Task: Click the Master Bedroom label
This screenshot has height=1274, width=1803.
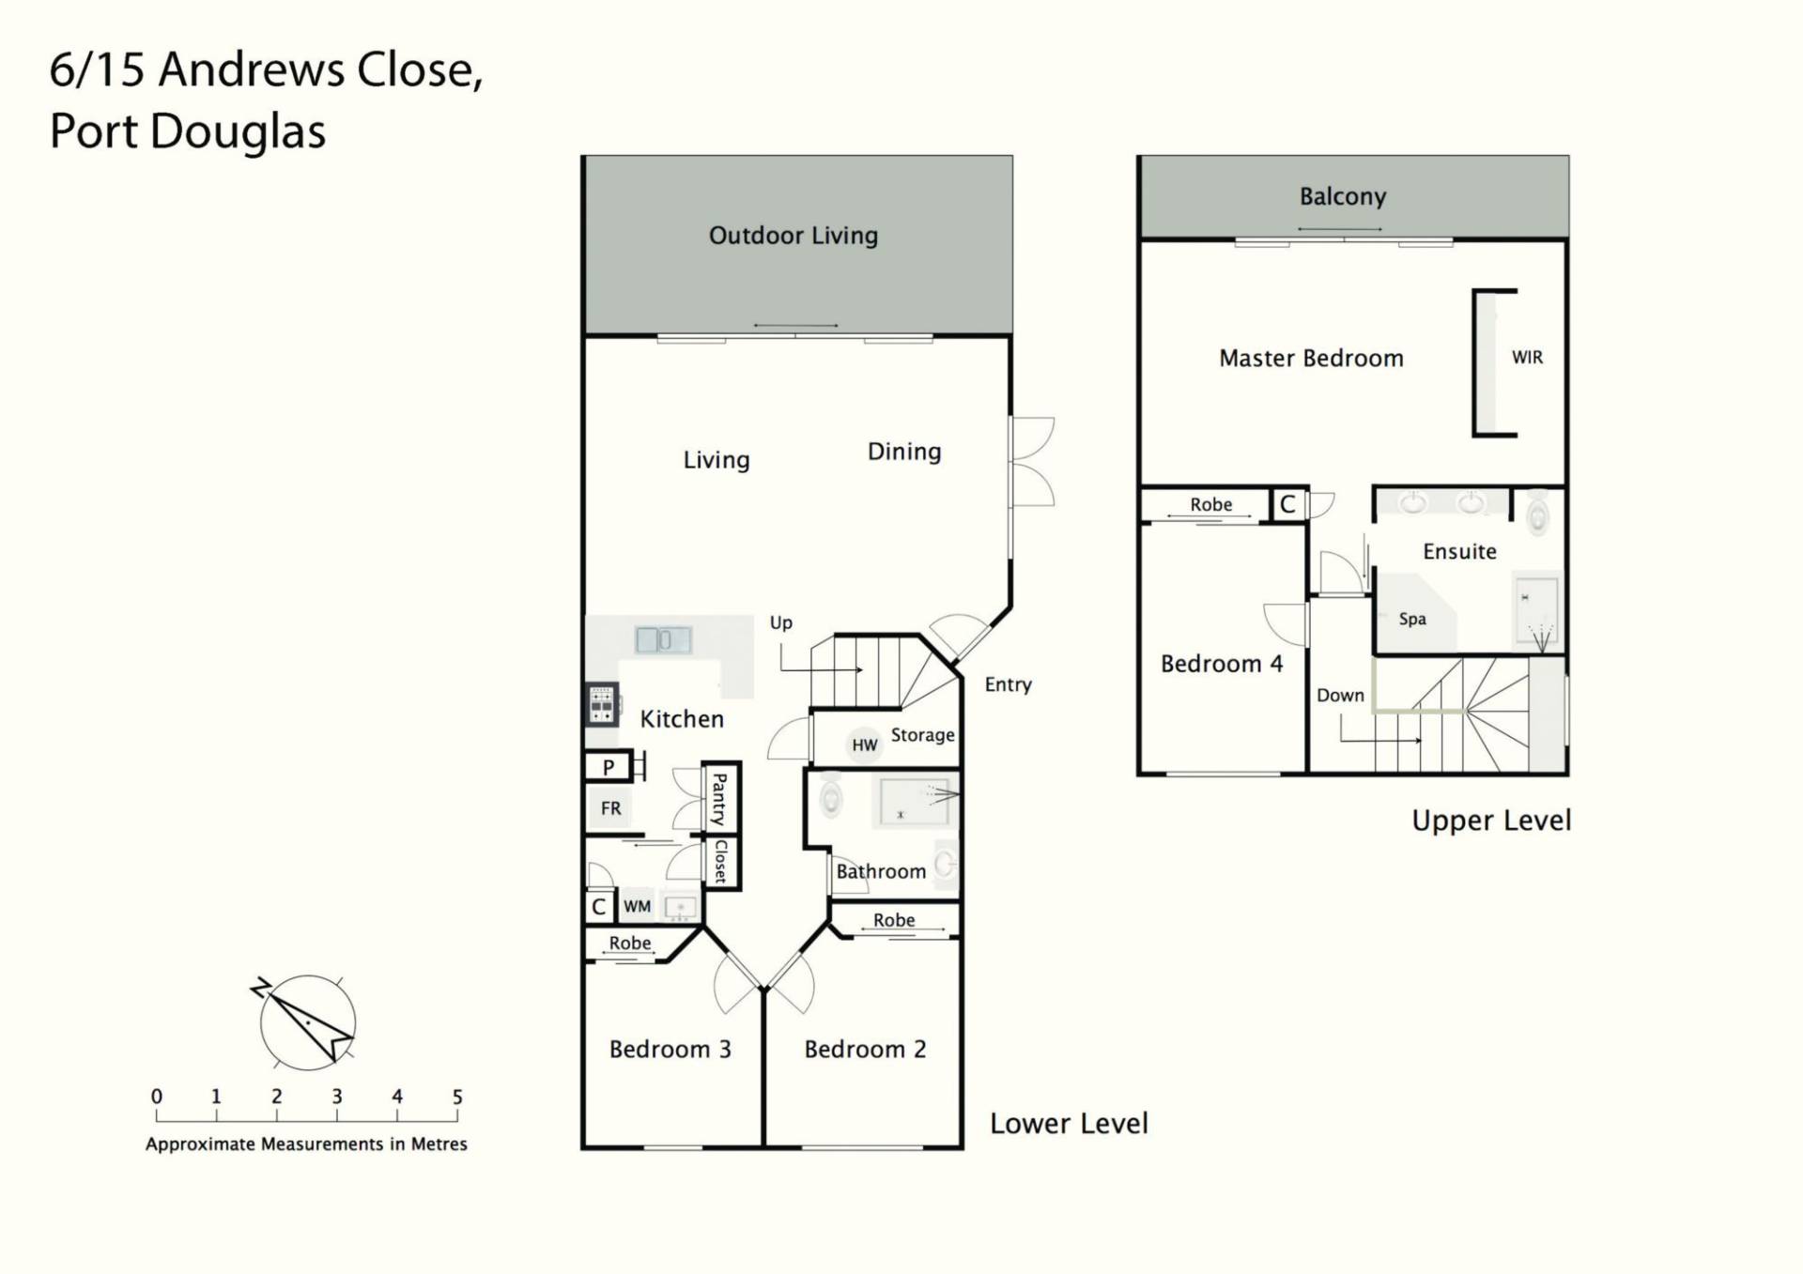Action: [1311, 359]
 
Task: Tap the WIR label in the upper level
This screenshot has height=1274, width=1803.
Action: [1527, 358]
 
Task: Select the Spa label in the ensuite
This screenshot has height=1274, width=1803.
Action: [1412, 620]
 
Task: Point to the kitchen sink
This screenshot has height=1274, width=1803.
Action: [663, 640]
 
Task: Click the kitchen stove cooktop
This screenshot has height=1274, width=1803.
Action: [602, 704]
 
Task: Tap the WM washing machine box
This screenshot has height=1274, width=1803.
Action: [637, 907]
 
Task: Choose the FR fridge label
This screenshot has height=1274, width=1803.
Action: [610, 808]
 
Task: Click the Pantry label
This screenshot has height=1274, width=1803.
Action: [719, 799]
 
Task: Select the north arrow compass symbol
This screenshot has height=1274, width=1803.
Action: [307, 1022]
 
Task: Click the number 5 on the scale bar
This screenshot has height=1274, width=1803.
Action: [457, 1097]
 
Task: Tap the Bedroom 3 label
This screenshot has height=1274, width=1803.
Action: [670, 1050]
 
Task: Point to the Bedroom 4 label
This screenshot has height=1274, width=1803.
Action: [1221, 665]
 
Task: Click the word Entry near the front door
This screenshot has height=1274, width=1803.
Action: [1008, 685]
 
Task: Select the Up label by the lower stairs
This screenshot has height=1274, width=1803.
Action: [780, 623]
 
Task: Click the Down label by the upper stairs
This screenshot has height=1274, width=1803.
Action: [1340, 696]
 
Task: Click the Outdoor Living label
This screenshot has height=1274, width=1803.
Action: [794, 236]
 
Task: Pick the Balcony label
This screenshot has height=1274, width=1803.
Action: [1343, 196]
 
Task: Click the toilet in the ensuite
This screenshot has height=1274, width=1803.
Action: [1537, 514]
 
